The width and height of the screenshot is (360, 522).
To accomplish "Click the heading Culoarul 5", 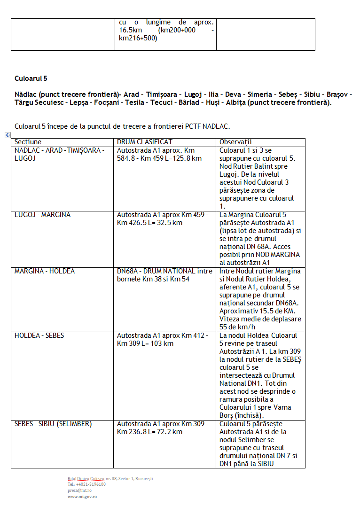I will [x=31, y=78].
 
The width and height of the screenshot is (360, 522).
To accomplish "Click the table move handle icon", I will [x=8, y=135].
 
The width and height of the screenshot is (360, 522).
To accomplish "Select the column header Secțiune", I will [x=28, y=142].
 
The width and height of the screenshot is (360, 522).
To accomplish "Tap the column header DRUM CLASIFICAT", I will [x=144, y=142].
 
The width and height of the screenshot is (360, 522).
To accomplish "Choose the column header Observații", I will [x=235, y=142].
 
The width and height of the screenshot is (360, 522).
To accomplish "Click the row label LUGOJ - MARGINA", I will [x=42, y=215].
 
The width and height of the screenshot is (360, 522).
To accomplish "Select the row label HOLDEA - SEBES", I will [x=39, y=335].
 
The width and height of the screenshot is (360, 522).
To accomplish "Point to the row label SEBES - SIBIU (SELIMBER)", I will [x=53, y=424].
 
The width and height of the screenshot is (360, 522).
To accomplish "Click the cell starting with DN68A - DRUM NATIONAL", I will [x=164, y=271].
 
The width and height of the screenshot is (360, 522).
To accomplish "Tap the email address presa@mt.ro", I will [x=79, y=490].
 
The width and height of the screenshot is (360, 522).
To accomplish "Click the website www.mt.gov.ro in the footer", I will [x=82, y=496].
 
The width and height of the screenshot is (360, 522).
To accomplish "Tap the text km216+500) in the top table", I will [x=138, y=39].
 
